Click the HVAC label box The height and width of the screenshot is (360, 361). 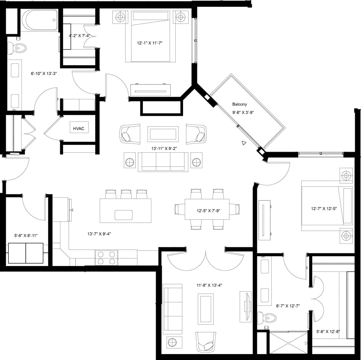[79, 128]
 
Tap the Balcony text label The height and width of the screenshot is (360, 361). [239, 104]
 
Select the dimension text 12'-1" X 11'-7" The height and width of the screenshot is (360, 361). [150, 43]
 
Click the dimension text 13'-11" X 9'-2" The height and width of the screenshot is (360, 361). [164, 148]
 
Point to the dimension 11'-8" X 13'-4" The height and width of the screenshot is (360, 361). [209, 285]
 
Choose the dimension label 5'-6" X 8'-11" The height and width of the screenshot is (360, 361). [26, 235]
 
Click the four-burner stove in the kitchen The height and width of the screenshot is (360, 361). [107, 258]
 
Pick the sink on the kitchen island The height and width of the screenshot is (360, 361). [124, 215]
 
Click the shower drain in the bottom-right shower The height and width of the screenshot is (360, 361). [289, 343]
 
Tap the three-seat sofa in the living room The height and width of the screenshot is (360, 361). [163, 162]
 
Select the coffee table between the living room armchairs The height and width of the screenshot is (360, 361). [163, 134]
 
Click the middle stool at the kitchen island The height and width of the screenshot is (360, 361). [126, 194]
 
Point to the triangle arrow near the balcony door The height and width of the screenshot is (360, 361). [244, 143]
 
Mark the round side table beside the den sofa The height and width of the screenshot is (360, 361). [172, 343]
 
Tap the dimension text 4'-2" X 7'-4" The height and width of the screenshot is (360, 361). [80, 36]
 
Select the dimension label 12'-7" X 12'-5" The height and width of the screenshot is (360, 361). [324, 209]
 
